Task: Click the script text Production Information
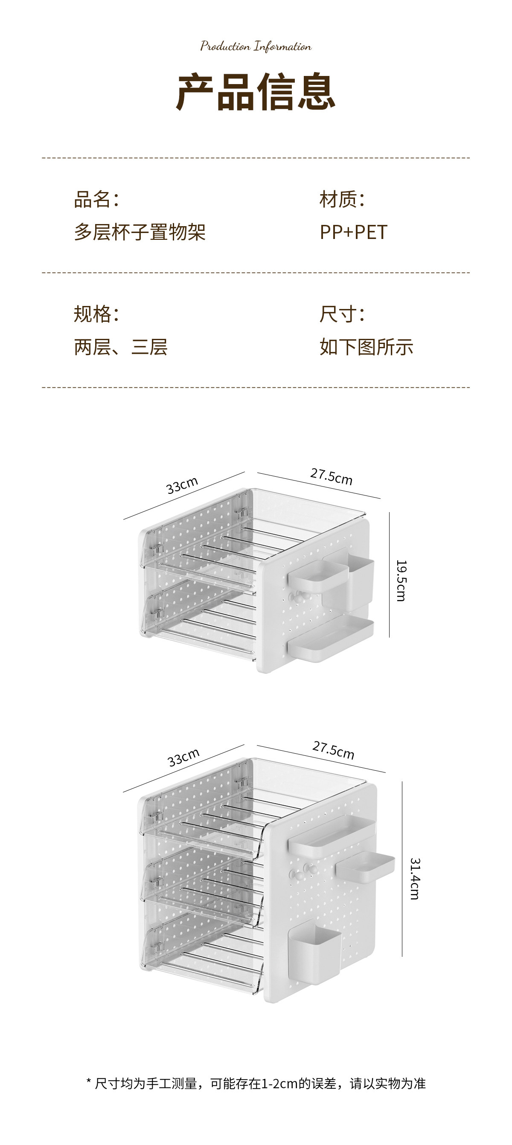(x=256, y=46)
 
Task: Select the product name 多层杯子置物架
(x=140, y=232)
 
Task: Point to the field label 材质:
(x=342, y=199)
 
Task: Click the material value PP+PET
(x=353, y=232)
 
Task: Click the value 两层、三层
(x=120, y=347)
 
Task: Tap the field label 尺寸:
(x=342, y=314)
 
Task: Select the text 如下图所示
(x=366, y=347)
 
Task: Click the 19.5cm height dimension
(x=401, y=580)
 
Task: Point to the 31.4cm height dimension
(x=414, y=879)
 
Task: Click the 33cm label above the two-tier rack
(x=182, y=485)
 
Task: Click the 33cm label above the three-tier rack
(x=183, y=757)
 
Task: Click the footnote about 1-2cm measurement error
(x=256, y=1083)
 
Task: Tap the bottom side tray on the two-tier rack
(x=330, y=638)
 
